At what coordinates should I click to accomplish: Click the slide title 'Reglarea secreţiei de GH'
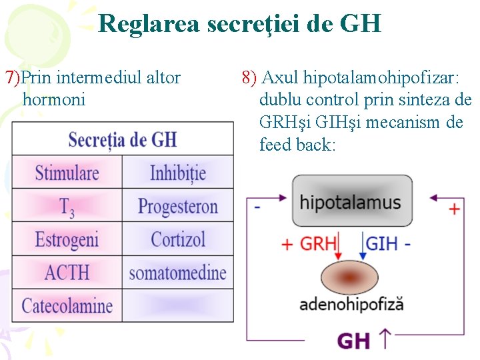point(239,25)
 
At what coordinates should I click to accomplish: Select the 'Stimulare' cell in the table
point(67,173)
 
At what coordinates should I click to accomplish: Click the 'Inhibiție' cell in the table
point(178,173)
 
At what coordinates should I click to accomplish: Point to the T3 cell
point(67,207)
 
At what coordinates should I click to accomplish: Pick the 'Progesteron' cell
point(178,206)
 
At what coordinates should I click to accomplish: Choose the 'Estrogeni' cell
point(67,239)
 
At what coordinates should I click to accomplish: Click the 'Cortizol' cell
point(178,239)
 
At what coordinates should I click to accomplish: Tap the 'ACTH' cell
point(67,272)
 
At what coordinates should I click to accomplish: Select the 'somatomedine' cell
point(178,272)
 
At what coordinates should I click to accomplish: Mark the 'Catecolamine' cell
point(67,306)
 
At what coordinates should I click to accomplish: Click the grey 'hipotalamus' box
point(351,202)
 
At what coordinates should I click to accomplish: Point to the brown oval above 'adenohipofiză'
point(351,275)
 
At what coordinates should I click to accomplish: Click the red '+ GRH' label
point(309,243)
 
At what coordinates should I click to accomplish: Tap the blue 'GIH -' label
point(389,243)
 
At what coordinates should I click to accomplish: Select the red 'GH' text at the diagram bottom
point(354,341)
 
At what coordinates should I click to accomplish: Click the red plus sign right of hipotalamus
point(454,209)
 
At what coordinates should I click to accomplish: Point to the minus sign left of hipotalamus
point(257,207)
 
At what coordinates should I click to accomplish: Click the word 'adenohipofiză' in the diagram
point(351,305)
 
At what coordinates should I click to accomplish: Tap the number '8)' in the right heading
point(249,78)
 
